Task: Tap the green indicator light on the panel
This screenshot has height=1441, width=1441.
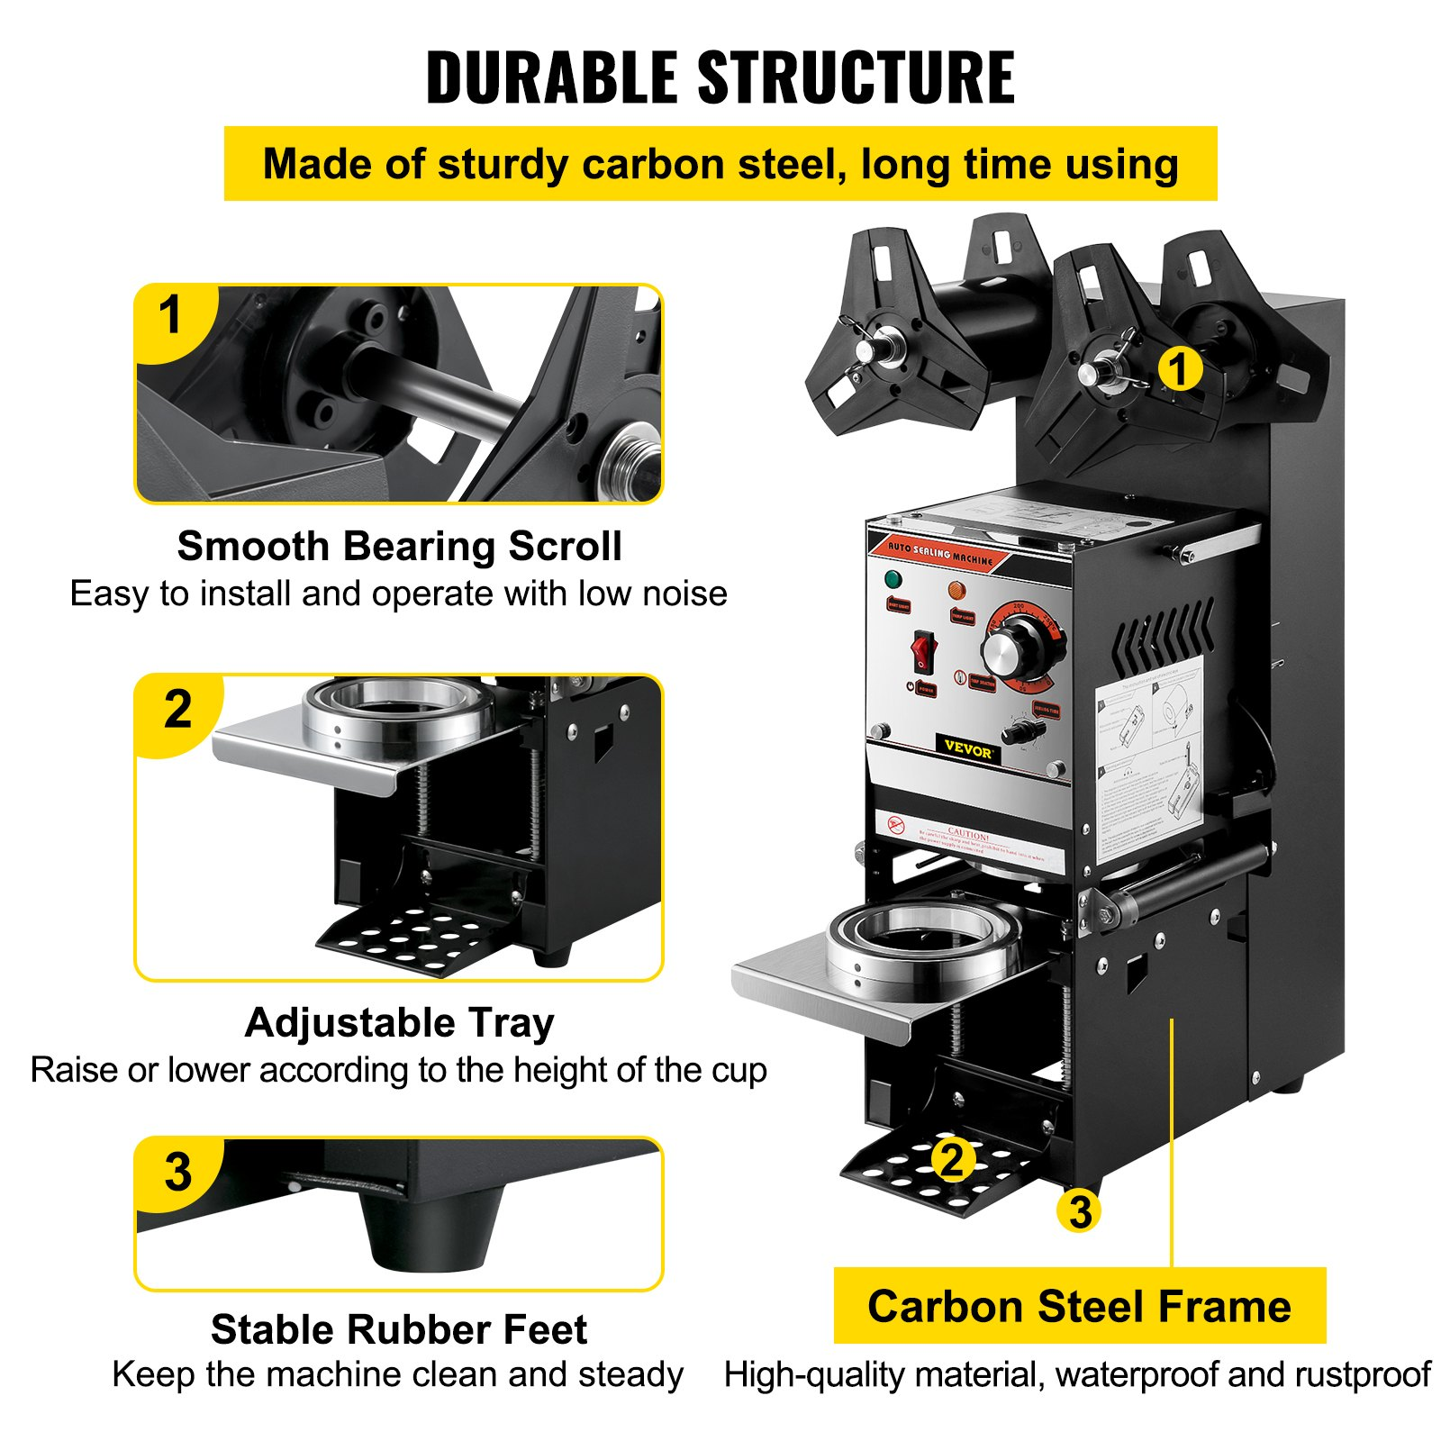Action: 893,578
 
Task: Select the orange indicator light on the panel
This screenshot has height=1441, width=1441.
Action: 956,591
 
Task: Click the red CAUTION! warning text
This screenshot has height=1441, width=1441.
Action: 968,833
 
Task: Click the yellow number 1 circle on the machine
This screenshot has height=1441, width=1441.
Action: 1179,369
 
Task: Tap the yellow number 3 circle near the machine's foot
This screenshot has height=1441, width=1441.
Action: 1080,1211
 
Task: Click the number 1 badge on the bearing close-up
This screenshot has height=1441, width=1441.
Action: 170,317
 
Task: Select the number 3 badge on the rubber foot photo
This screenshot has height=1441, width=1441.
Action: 177,1172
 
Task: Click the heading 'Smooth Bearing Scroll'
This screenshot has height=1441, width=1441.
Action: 399,546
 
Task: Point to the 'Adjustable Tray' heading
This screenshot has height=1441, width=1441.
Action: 399,1022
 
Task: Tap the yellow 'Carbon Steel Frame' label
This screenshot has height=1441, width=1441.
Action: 1079,1306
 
